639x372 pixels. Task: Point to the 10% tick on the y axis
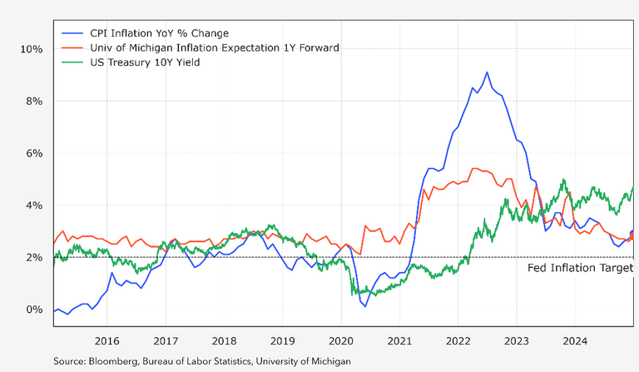click(31, 49)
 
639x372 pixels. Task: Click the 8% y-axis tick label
click(33, 101)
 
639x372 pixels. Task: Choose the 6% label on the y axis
click(33, 153)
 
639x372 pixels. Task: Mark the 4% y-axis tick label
click(33, 206)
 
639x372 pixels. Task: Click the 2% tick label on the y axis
click(33, 257)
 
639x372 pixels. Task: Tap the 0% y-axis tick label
click(33, 310)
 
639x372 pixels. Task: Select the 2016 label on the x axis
click(106, 340)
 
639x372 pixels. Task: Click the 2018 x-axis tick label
click(224, 340)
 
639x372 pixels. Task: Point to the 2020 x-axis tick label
click(341, 340)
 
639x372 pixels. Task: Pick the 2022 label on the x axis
click(458, 340)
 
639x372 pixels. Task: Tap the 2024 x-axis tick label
click(576, 340)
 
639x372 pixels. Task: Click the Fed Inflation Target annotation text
click(580, 268)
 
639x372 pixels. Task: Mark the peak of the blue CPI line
click(487, 72)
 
